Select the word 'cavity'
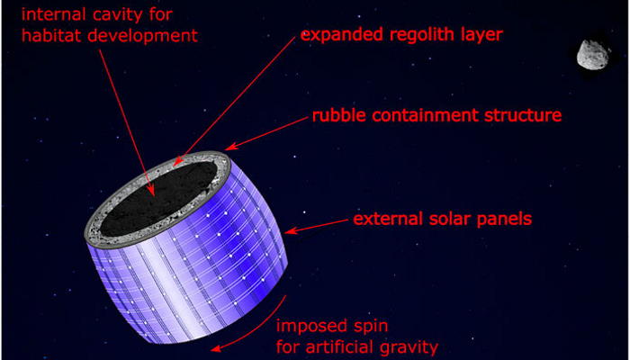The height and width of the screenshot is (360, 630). [x=126, y=15]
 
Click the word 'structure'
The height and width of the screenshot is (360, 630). [x=521, y=116]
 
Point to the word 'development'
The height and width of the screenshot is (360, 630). [x=142, y=36]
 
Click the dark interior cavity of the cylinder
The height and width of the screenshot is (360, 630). [x=159, y=198]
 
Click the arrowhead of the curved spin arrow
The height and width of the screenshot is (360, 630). [x=216, y=349]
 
